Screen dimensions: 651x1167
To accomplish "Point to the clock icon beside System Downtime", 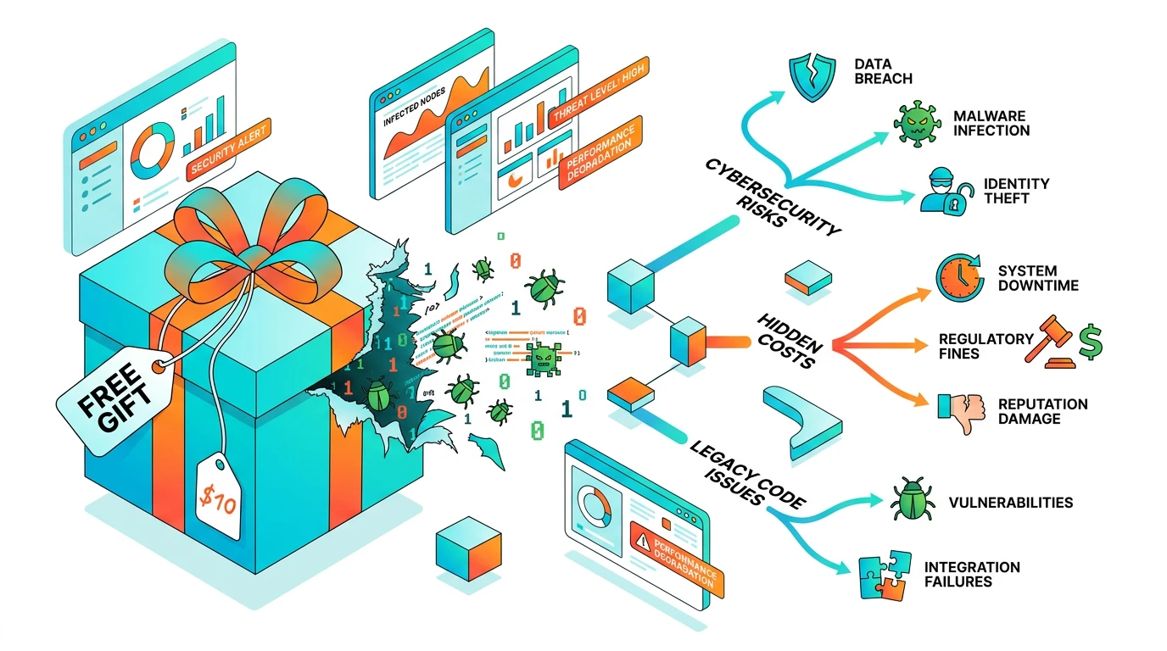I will click(x=958, y=276).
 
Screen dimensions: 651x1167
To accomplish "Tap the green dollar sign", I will click(x=1090, y=344).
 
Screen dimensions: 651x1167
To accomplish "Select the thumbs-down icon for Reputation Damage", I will click(x=958, y=413).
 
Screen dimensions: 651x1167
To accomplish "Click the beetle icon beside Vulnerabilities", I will click(x=911, y=500).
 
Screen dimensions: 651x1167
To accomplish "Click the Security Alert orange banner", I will click(x=229, y=151).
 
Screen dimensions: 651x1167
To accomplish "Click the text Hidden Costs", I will click(x=790, y=338).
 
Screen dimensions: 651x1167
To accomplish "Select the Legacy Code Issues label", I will click(x=745, y=475).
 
